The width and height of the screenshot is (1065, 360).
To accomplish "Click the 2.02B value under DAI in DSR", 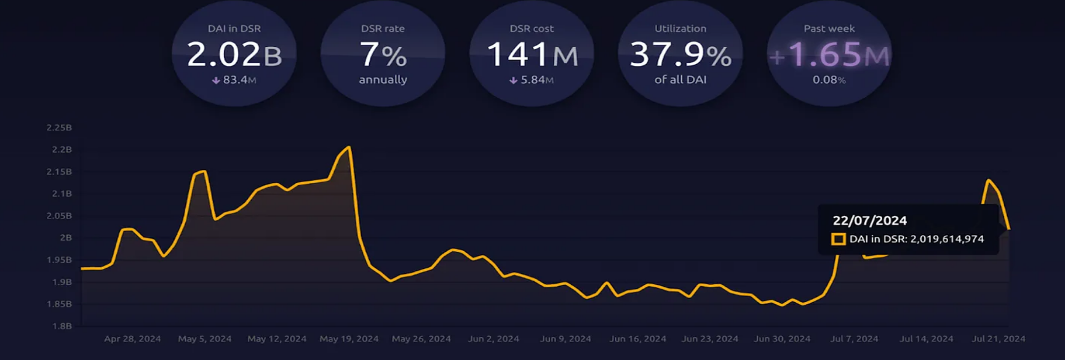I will tap(234, 55).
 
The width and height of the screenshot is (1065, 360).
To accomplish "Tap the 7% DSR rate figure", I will tap(383, 55).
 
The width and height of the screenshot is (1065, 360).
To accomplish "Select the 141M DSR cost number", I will tap(532, 55).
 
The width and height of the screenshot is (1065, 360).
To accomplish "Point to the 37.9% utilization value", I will tap(680, 55).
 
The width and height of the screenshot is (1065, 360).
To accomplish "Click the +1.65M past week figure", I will tap(829, 55).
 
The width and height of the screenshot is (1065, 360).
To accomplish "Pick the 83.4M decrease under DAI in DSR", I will tap(234, 80).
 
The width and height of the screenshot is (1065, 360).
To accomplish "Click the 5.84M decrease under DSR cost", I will tap(532, 80).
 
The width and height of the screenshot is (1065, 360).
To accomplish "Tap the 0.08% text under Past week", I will tap(829, 80).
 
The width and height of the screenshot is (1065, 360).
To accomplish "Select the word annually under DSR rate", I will tap(383, 79).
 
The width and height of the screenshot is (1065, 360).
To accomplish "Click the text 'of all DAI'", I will tap(680, 79).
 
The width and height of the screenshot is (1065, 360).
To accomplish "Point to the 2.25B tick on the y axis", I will tap(59, 127).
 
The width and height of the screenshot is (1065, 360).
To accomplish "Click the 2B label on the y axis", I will tap(66, 238).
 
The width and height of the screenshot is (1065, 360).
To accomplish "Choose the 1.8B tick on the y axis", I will tap(62, 326).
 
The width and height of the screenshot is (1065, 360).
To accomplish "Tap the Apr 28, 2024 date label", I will tap(132, 338).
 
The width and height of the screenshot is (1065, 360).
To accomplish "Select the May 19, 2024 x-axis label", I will tap(349, 338).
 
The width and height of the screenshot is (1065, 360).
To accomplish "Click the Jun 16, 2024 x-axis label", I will tap(637, 338).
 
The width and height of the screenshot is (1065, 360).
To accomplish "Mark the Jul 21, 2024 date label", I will tap(998, 338).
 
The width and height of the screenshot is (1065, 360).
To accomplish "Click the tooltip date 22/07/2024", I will tap(869, 220).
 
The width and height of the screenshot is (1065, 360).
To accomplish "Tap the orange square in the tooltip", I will tap(838, 239).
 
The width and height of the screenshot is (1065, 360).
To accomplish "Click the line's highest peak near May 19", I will tap(349, 147).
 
